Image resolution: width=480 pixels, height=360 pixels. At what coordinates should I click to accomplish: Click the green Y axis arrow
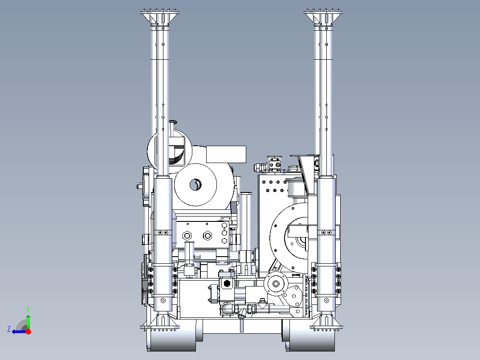(x=28, y=320)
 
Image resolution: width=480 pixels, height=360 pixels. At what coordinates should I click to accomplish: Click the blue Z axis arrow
(x=19, y=331)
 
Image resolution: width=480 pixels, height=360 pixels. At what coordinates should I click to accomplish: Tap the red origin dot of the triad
(x=28, y=331)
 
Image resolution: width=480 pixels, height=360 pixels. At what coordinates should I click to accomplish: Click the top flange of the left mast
(x=160, y=12)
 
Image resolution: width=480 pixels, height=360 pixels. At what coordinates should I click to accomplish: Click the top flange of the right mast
(x=323, y=12)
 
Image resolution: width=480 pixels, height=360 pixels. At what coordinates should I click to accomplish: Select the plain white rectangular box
(x=226, y=155)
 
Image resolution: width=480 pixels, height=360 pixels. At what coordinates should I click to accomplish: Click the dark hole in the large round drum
(x=195, y=184)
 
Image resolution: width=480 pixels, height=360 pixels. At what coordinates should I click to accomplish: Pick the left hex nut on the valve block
(x=187, y=236)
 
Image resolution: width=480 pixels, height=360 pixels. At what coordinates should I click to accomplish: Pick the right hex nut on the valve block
(x=207, y=236)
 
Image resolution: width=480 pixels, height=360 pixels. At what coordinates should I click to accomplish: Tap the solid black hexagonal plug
(x=227, y=283)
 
